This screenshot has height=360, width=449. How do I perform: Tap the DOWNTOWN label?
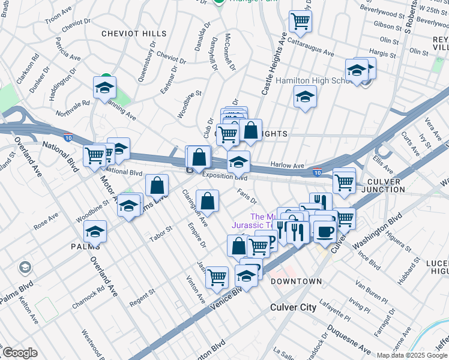[297, 281]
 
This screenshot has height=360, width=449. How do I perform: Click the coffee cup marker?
[325, 232]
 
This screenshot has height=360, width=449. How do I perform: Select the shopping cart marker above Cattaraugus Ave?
[300, 22]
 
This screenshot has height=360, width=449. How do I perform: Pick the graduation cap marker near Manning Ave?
[104, 88]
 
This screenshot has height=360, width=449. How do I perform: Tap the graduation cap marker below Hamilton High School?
[305, 97]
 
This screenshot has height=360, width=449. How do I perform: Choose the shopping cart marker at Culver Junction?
[344, 181]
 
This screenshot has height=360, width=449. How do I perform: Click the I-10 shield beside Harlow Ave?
[317, 173]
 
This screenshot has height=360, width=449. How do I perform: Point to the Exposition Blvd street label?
[224, 176]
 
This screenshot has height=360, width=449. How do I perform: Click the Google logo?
[20, 353]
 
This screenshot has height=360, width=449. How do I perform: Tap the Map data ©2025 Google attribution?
[411, 355]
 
